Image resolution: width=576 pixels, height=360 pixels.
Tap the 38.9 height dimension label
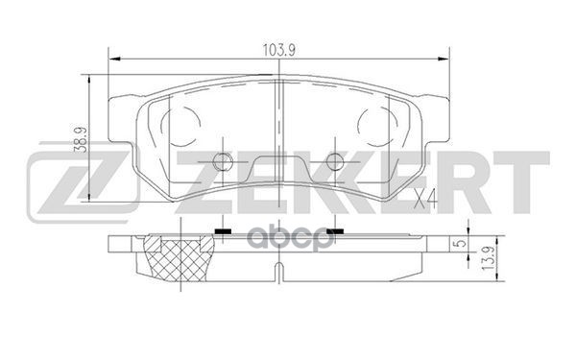click(84, 143)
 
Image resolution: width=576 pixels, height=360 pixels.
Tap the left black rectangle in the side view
click(223, 231)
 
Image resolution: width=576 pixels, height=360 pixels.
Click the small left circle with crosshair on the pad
click(223, 162)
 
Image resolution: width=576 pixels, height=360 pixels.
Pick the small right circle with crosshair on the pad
click(333, 162)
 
